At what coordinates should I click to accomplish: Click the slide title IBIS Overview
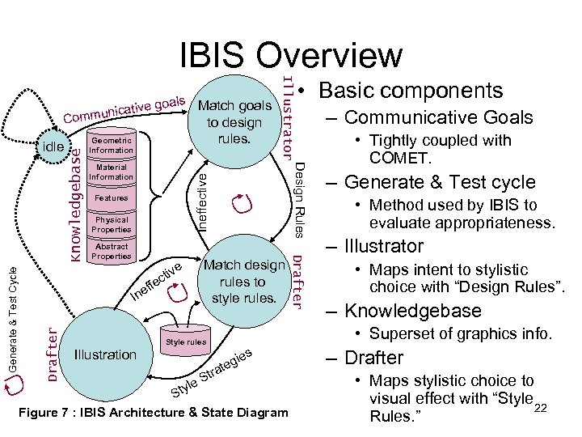[x=290, y=54]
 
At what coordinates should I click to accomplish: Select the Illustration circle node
[x=104, y=354]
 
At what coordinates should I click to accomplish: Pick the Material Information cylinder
[x=112, y=172]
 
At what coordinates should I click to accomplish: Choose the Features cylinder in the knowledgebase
[x=112, y=197]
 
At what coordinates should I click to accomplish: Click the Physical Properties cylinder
[x=112, y=223]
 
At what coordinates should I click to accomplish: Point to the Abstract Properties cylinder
[x=112, y=251]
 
